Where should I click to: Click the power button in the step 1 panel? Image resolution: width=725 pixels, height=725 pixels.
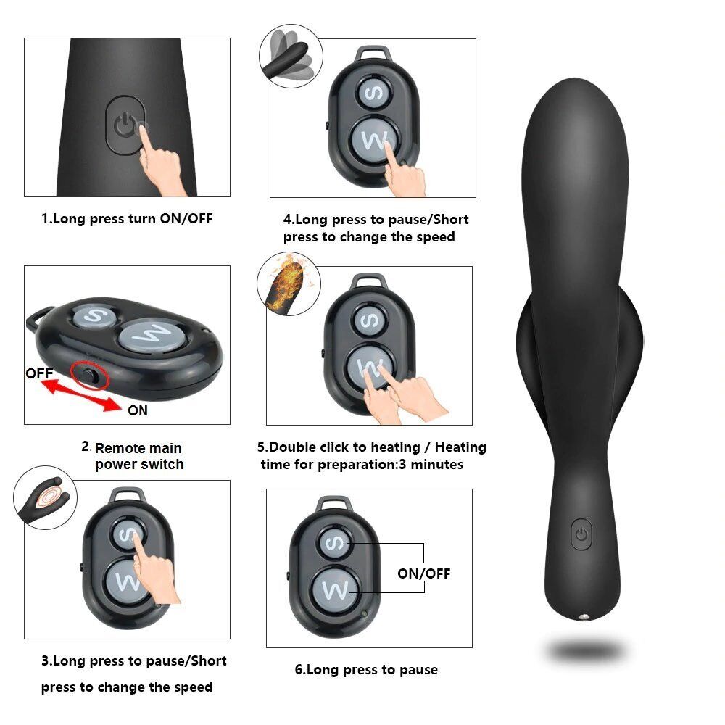pyautogui.click(x=125, y=124)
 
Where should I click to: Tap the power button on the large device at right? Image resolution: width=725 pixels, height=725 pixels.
pyautogui.click(x=581, y=534)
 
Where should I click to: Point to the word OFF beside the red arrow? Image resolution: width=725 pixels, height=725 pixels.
pyautogui.click(x=40, y=374)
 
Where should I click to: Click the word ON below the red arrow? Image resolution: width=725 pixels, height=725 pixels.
pyautogui.click(x=137, y=410)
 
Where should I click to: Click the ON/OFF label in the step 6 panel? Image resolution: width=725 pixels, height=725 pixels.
pyautogui.click(x=423, y=573)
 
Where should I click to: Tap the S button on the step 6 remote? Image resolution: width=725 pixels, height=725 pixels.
pyautogui.click(x=335, y=542)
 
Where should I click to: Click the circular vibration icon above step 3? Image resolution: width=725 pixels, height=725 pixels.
pyautogui.click(x=45, y=500)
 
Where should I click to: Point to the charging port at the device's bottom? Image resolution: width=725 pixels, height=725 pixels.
pyautogui.click(x=583, y=617)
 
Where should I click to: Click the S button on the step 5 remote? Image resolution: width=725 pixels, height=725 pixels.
pyautogui.click(x=368, y=319)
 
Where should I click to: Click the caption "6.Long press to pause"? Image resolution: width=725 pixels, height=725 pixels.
pyautogui.click(x=365, y=669)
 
